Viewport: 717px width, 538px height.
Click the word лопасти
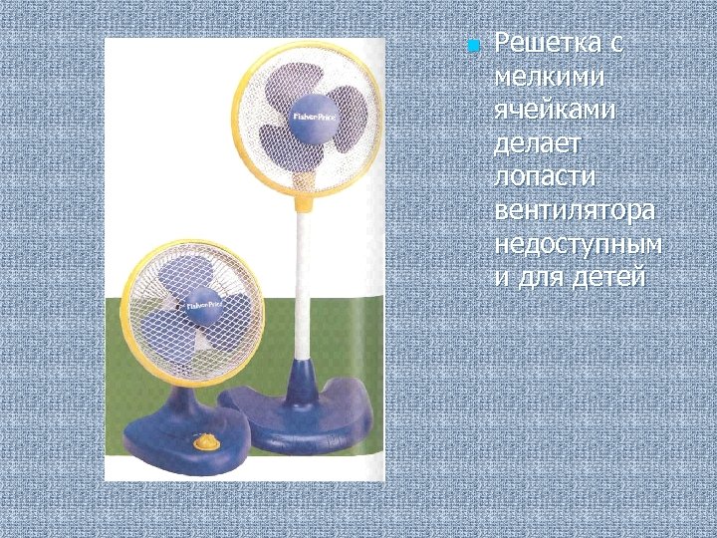(x=538, y=179)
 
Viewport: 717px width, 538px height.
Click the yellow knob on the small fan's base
(x=207, y=442)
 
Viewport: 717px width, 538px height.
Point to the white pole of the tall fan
(x=298, y=279)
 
